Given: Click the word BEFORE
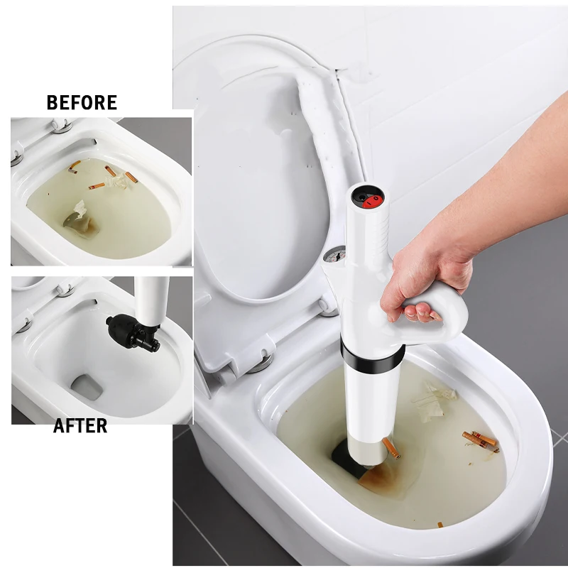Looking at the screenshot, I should [82, 102].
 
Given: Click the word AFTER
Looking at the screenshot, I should [80, 426].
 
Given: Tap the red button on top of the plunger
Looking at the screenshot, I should [370, 201].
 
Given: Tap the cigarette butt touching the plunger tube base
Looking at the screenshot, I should [390, 447].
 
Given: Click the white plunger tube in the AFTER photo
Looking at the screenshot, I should [153, 298].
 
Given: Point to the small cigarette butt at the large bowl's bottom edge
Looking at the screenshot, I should [439, 525].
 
